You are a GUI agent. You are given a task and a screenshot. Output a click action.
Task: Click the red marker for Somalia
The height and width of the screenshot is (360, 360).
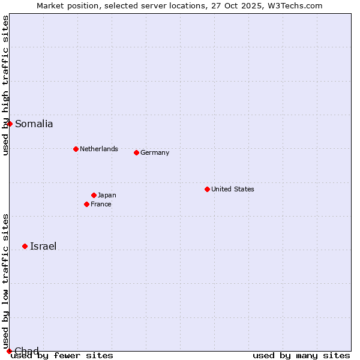(x=10, y=124)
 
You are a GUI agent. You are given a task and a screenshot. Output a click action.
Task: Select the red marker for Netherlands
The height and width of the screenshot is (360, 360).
(x=76, y=149)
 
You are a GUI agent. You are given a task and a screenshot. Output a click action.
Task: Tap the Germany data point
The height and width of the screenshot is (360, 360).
(x=136, y=152)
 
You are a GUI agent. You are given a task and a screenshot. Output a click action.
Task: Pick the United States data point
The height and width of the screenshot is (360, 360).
(x=207, y=189)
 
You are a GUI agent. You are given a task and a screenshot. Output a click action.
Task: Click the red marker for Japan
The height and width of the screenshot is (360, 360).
(x=94, y=195)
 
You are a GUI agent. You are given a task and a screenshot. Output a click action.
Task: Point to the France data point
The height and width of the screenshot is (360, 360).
(x=86, y=204)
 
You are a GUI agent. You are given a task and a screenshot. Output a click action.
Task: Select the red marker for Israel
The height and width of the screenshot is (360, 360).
(x=25, y=246)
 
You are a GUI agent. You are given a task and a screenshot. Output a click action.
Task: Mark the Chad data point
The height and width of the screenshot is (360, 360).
(x=9, y=351)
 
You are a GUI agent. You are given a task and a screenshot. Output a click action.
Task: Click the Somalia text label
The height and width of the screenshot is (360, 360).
(x=34, y=124)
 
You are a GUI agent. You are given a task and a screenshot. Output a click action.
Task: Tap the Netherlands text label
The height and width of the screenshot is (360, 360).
(x=98, y=149)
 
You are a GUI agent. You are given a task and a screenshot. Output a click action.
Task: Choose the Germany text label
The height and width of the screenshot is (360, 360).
(x=155, y=152)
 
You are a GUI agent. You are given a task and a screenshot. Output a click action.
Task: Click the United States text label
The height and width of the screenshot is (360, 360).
(x=232, y=189)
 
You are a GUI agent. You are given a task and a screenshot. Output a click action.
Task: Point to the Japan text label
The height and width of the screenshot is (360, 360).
(x=107, y=195)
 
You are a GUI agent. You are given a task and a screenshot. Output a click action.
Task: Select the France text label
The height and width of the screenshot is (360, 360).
(x=101, y=204)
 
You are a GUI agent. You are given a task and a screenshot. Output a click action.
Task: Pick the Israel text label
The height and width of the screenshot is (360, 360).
(x=43, y=246)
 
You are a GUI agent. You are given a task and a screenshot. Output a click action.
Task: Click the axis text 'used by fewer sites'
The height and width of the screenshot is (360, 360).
(x=62, y=356)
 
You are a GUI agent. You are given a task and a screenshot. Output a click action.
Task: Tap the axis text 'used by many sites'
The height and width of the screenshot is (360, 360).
(x=301, y=356)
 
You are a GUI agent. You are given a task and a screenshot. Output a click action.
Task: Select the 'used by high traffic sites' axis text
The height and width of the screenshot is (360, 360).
(x=5, y=85)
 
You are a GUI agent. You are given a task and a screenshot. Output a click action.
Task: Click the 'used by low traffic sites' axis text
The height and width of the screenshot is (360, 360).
(x=5, y=281)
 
